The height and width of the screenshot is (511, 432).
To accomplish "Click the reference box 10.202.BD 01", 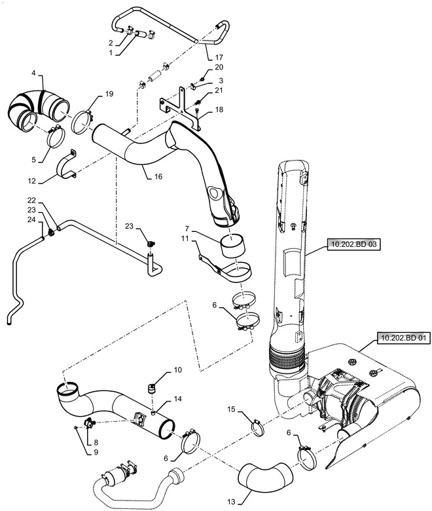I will [402, 339].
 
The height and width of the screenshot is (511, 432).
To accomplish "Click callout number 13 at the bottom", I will [230, 501].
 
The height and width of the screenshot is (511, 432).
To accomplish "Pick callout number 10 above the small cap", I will [177, 371].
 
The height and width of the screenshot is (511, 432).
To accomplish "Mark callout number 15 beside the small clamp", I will [230, 409].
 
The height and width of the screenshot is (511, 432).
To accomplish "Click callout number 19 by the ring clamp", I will [109, 94].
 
